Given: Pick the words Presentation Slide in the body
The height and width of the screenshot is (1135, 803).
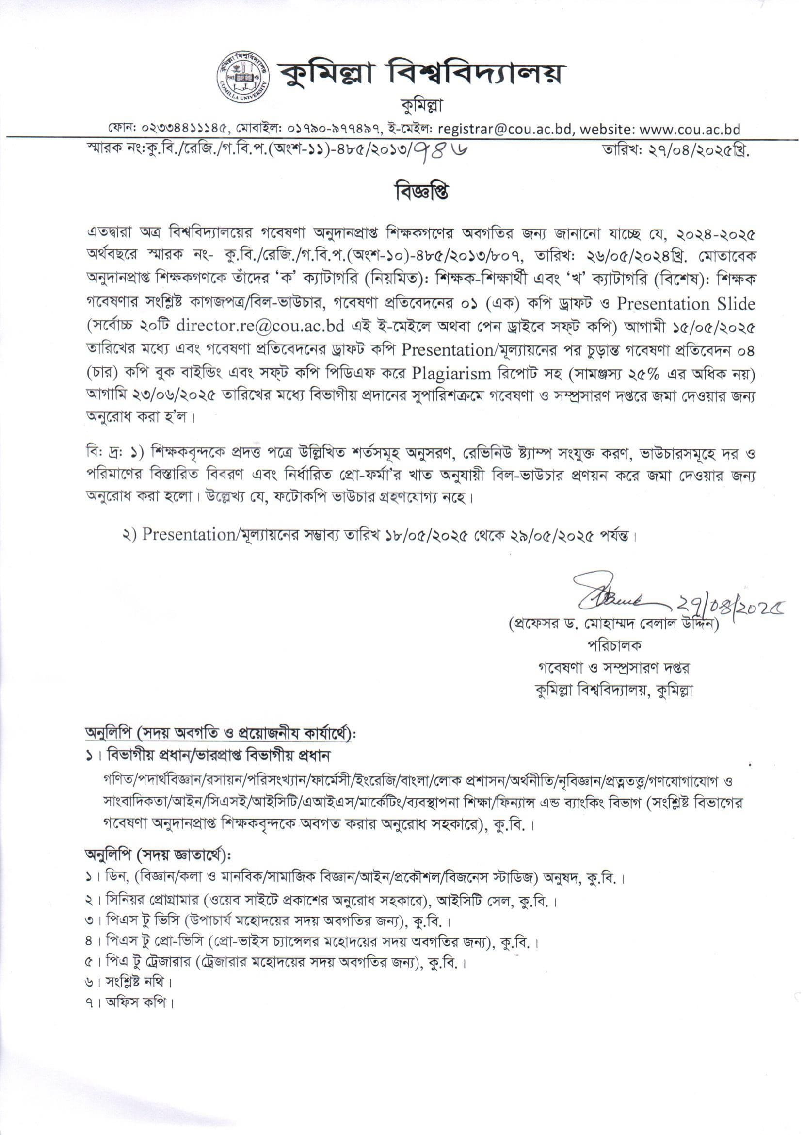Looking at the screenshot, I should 686,303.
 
